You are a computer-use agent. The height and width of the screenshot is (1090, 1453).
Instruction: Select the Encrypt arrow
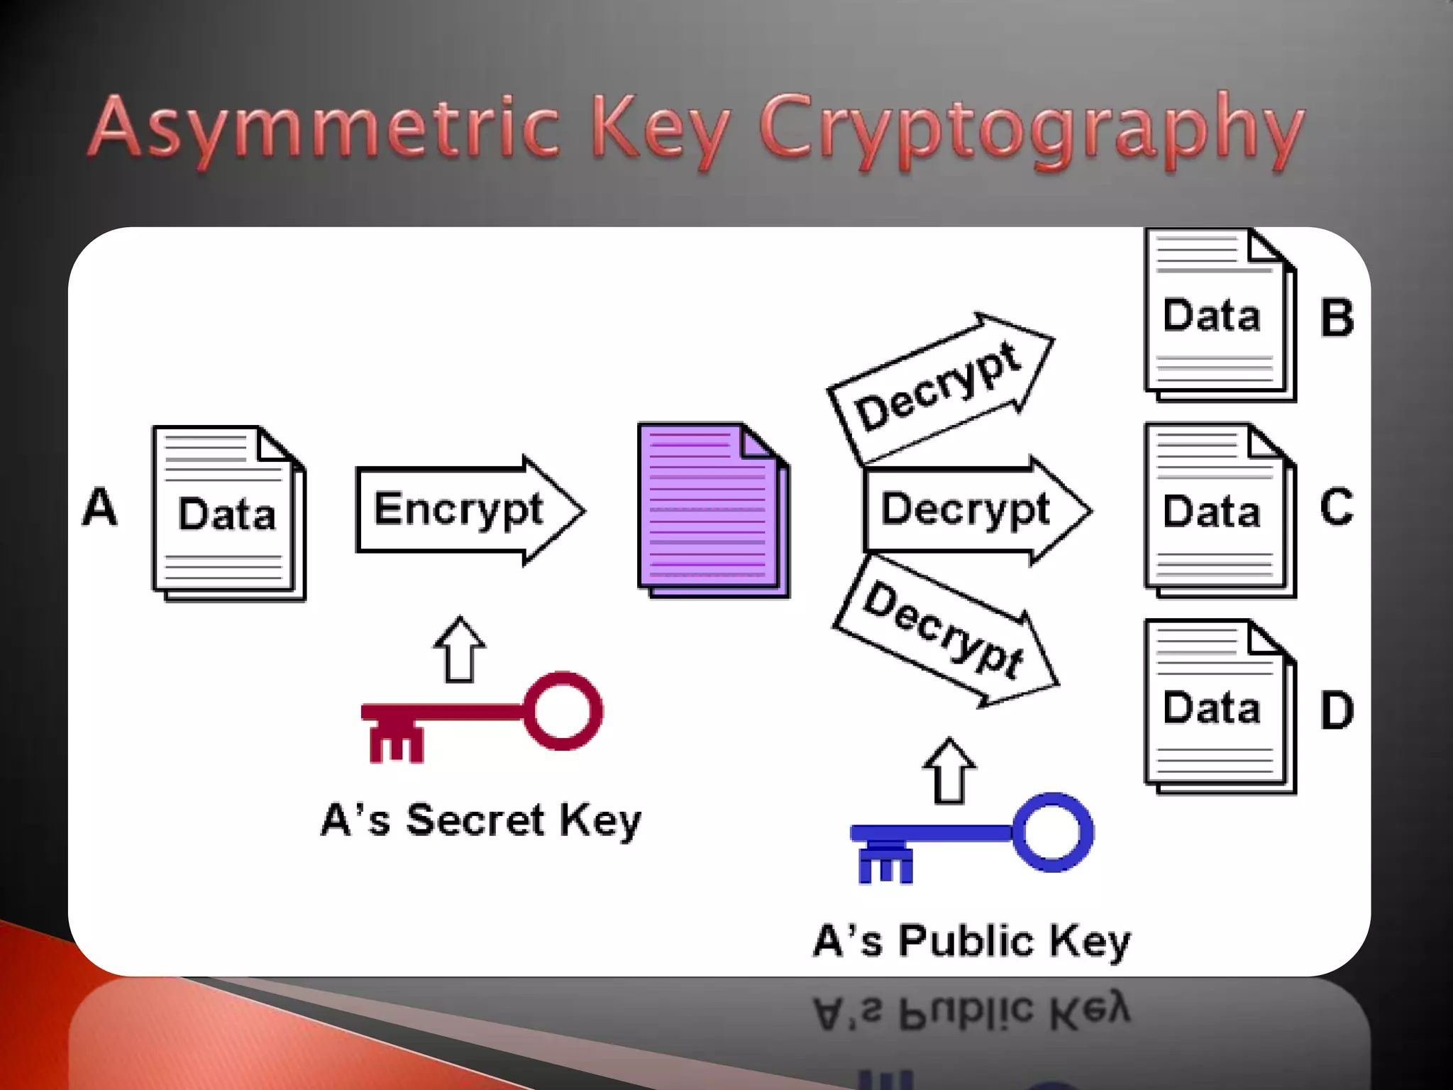(x=468, y=510)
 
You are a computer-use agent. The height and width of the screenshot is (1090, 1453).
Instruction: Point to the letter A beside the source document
(x=99, y=507)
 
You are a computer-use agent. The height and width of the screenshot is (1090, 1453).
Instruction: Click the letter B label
(x=1337, y=317)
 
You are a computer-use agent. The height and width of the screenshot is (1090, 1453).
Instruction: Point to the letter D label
(x=1337, y=710)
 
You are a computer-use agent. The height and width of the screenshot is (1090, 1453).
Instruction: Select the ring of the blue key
(x=1053, y=832)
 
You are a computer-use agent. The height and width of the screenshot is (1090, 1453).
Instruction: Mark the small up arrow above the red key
(x=460, y=649)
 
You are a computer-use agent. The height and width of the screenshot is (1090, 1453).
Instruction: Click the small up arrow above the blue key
(x=949, y=771)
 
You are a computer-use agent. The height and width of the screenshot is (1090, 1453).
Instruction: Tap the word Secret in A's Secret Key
(x=475, y=820)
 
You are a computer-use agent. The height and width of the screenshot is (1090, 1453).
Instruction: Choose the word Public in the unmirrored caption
(x=966, y=942)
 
